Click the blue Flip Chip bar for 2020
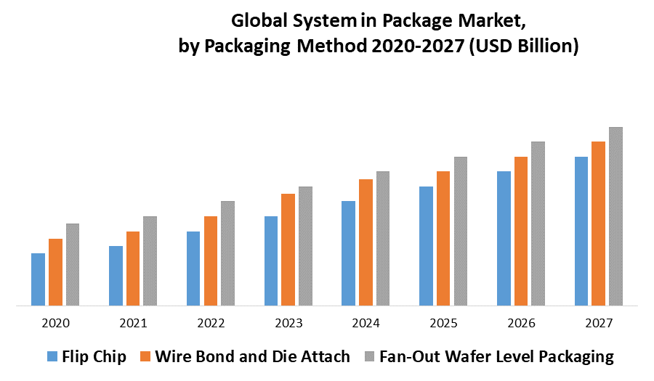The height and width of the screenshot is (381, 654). pyautogui.click(x=38, y=279)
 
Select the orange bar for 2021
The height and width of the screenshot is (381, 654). pyautogui.click(x=133, y=269)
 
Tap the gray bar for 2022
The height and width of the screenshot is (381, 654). pyautogui.click(x=228, y=253)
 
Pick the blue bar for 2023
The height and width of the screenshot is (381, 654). pyautogui.click(x=271, y=261)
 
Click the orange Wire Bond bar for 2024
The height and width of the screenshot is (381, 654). pyautogui.click(x=366, y=242)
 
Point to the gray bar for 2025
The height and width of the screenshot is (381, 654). pyautogui.click(x=461, y=231)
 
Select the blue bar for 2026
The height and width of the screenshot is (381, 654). pyautogui.click(x=504, y=238)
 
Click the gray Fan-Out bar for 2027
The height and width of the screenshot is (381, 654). pyautogui.click(x=615, y=216)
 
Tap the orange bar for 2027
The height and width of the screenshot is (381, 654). pyautogui.click(x=598, y=224)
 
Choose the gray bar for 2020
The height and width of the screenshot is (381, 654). pyautogui.click(x=73, y=264)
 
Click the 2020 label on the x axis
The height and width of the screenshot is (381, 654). pyautogui.click(x=56, y=323)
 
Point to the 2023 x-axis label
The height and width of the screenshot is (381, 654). pyautogui.click(x=288, y=323)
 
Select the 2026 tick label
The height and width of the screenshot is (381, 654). pyautogui.click(x=521, y=323)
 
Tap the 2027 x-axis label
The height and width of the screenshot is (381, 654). pyautogui.click(x=598, y=323)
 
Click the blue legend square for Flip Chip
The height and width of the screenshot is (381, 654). pyautogui.click(x=52, y=357)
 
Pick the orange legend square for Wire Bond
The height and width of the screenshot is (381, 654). pyautogui.click(x=145, y=357)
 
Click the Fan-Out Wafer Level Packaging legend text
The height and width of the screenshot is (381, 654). pyautogui.click(x=496, y=356)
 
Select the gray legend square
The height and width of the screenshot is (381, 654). pyautogui.click(x=368, y=357)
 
